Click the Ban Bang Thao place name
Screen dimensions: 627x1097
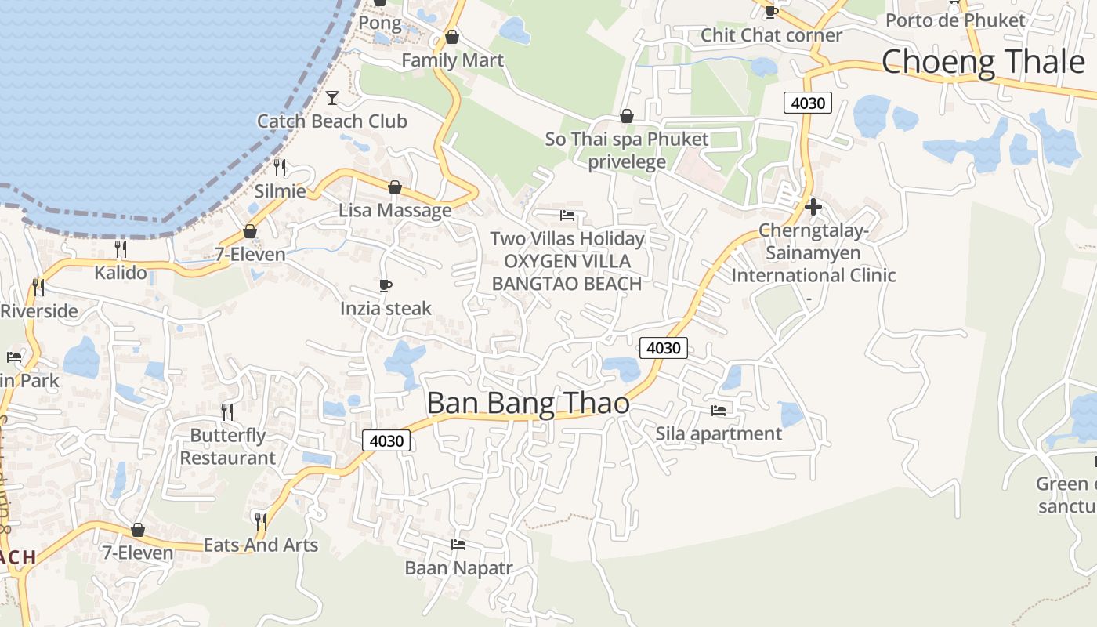click(527, 403)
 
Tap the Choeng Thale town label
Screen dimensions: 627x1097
click(983, 61)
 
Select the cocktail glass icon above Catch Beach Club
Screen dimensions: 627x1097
click(332, 97)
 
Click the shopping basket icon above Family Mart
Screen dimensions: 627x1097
click(451, 37)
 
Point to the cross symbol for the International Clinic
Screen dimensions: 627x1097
click(813, 207)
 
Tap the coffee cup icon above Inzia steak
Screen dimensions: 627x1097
click(385, 285)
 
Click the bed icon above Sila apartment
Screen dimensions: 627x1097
click(718, 410)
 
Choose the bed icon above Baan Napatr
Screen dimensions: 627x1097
click(458, 544)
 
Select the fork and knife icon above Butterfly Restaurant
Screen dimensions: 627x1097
click(227, 411)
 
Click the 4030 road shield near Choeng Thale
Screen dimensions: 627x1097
click(807, 103)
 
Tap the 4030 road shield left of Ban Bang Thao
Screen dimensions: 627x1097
click(386, 440)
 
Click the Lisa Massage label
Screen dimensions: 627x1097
click(395, 210)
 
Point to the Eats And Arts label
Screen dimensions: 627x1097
click(261, 545)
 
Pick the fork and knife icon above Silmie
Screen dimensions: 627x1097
click(280, 167)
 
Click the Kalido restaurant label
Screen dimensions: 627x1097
click(121, 272)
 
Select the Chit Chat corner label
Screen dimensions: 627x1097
click(771, 35)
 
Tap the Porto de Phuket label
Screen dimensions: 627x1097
click(955, 20)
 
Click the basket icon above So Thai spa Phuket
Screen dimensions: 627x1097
click(626, 116)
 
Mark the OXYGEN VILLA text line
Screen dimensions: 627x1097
click(567, 261)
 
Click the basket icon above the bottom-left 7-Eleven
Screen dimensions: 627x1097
click(138, 530)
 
